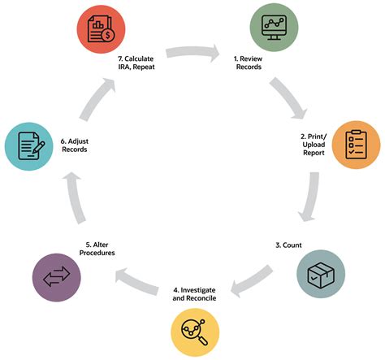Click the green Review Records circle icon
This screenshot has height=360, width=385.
tap(274, 27)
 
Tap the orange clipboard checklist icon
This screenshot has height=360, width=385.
tap(356, 145)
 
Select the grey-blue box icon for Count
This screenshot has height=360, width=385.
tap(321, 274)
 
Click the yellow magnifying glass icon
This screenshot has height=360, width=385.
tap(195, 332)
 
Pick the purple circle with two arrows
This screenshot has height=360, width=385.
tap(57, 278)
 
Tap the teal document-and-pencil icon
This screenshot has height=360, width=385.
tap(29, 146)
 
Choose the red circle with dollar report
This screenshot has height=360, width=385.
tap(101, 29)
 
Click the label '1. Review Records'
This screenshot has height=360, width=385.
tap(249, 63)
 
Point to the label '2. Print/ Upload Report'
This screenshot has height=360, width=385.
tap(314, 145)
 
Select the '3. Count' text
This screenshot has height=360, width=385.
tap(288, 245)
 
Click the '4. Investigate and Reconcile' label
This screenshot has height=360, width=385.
tap(194, 294)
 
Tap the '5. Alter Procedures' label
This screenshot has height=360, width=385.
tap(97, 249)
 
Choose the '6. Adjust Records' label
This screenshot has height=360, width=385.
tap(75, 145)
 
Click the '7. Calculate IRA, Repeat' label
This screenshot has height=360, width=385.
tap(136, 63)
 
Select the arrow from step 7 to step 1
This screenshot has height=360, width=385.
tap(192, 52)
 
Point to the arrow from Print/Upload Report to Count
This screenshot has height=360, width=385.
tap(310, 197)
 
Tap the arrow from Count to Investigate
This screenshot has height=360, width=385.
tap(252, 281)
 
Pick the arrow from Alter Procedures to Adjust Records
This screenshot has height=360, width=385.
tap(75, 198)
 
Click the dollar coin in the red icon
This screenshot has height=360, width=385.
tap(108, 35)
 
